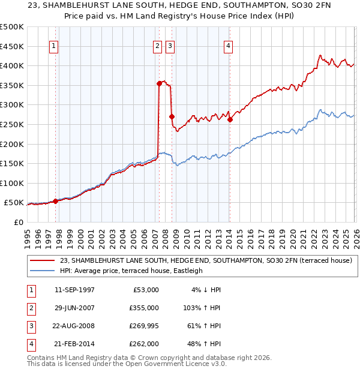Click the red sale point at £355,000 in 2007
(x=159, y=84)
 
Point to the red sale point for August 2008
(x=172, y=116)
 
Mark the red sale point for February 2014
(x=230, y=119)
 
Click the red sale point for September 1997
(x=56, y=201)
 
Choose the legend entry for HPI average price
(x=131, y=271)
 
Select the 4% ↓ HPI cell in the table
(x=206, y=290)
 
